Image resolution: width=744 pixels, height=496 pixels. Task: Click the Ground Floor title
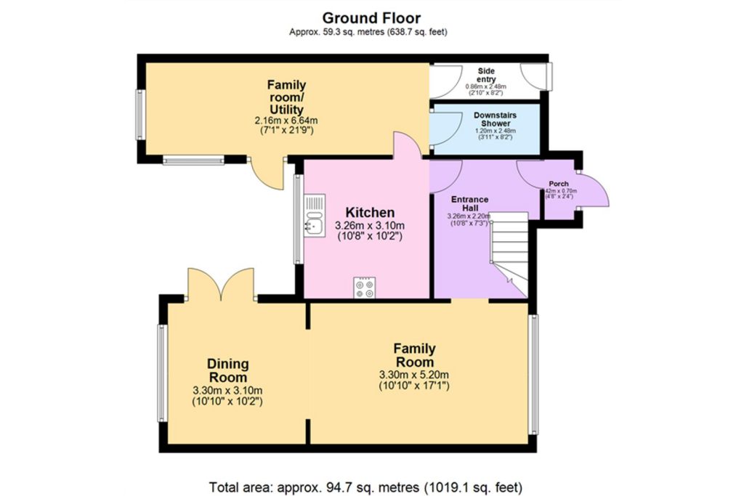[x=371, y=17]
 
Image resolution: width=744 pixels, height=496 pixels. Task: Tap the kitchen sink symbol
[x=315, y=216]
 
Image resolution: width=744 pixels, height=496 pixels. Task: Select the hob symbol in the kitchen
[x=365, y=288]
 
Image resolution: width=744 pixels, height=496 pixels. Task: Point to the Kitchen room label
[x=370, y=213]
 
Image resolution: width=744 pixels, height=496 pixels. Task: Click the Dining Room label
[x=227, y=370]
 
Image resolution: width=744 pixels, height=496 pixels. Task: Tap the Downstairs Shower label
[x=491, y=119]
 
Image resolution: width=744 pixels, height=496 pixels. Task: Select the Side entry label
[x=486, y=75]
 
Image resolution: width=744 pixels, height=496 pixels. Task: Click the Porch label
[x=558, y=184]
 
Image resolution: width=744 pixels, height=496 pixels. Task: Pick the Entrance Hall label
[x=469, y=203]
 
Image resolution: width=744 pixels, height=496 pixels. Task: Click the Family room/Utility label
[x=286, y=97]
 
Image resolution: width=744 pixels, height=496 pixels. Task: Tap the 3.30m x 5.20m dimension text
[x=414, y=375]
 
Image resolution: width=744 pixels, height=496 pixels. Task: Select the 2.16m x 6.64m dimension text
[x=286, y=121]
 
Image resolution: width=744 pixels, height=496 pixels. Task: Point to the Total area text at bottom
[x=365, y=487]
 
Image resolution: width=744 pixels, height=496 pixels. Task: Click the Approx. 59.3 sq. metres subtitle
[x=368, y=32]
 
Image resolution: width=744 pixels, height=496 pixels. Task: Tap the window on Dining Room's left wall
[x=162, y=373]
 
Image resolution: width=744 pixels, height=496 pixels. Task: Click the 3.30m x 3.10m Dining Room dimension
[x=227, y=390]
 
